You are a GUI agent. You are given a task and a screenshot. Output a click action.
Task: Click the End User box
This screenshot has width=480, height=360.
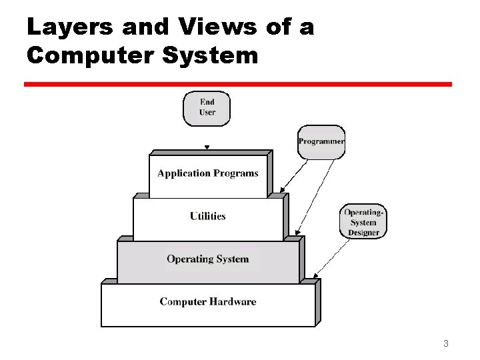[x=207, y=108]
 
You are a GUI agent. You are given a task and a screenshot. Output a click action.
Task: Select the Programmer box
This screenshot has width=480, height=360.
[x=321, y=141]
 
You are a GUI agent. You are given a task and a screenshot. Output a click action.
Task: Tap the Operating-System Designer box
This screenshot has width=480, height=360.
[x=363, y=222]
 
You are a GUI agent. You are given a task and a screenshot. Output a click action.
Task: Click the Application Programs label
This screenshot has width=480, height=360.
[x=208, y=173]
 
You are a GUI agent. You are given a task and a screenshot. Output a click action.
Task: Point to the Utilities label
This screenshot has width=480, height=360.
[x=208, y=216]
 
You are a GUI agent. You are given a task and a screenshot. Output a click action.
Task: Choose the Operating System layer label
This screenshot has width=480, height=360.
[x=208, y=259]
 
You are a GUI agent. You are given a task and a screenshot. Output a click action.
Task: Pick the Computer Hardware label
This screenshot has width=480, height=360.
[x=208, y=302]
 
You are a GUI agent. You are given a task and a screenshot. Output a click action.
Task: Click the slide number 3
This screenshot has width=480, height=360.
[x=445, y=344]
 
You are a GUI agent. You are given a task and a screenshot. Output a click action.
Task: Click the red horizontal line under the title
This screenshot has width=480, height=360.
[x=238, y=85]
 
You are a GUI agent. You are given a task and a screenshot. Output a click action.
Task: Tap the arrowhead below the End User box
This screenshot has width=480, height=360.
[x=207, y=148]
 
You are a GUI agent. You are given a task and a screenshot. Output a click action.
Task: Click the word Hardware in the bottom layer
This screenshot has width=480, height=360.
[x=232, y=302]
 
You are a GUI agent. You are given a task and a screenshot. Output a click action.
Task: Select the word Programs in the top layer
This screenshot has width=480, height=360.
[x=237, y=173]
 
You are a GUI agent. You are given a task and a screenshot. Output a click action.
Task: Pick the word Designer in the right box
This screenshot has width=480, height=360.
[x=363, y=233]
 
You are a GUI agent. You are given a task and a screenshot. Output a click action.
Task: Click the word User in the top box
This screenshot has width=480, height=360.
[x=207, y=113]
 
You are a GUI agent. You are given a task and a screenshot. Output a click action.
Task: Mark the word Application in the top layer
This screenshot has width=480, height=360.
[x=184, y=173]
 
